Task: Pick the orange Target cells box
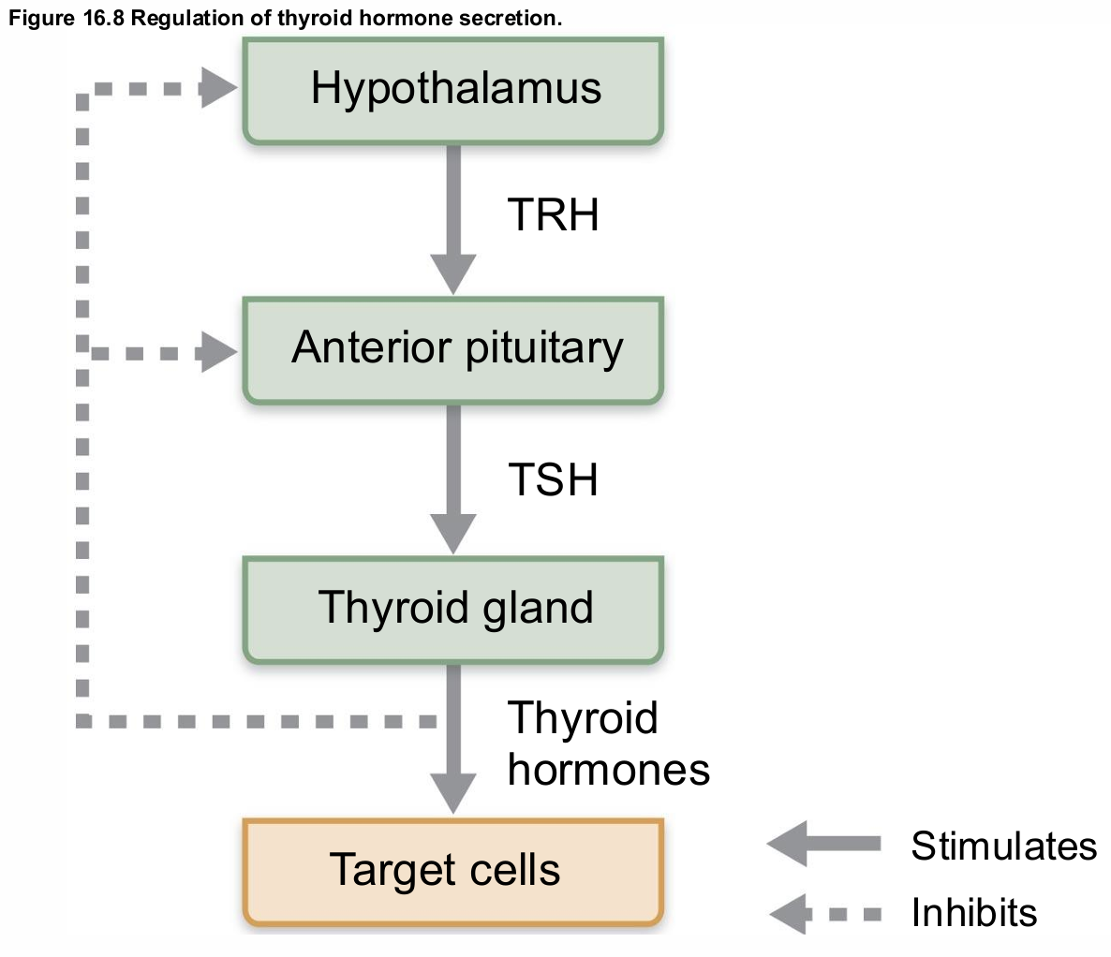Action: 453,871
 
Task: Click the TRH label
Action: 553,215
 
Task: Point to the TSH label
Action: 553,480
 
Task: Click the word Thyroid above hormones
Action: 583,719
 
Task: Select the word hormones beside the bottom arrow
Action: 608,770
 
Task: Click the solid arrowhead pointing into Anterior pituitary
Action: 453,275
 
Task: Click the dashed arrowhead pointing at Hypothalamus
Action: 219,90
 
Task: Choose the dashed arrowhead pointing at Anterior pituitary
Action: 219,353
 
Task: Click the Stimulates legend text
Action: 1003,846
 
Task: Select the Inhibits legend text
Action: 974,912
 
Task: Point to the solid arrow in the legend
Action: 823,844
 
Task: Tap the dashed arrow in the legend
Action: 823,913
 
